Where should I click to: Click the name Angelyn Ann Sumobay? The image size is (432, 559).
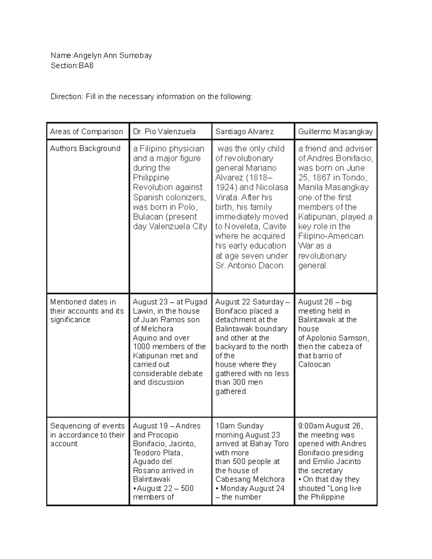(113, 55)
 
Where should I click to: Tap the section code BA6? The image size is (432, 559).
(86, 66)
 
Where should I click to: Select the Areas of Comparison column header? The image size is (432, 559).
(86, 132)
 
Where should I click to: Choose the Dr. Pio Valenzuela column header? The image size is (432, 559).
(164, 132)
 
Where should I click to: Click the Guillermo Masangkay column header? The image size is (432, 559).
(335, 132)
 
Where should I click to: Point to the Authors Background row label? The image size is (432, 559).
(85, 148)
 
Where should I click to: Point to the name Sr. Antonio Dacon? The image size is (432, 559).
(250, 266)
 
